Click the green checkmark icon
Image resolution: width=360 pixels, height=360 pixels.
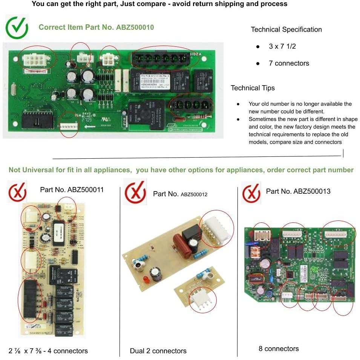point(17,28)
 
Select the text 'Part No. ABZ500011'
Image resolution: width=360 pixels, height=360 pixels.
point(72,190)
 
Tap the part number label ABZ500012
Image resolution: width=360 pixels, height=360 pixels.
point(180,194)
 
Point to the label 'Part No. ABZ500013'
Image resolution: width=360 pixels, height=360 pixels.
point(298,191)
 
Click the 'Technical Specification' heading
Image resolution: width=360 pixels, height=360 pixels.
point(286,29)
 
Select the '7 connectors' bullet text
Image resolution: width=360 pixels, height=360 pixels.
point(289,63)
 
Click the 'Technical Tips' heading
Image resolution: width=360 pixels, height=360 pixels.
point(253,88)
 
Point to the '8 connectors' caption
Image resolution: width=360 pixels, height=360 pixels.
point(279,349)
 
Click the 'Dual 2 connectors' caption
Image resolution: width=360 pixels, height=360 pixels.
point(158,351)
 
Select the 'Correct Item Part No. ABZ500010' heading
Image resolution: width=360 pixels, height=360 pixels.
point(96,27)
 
